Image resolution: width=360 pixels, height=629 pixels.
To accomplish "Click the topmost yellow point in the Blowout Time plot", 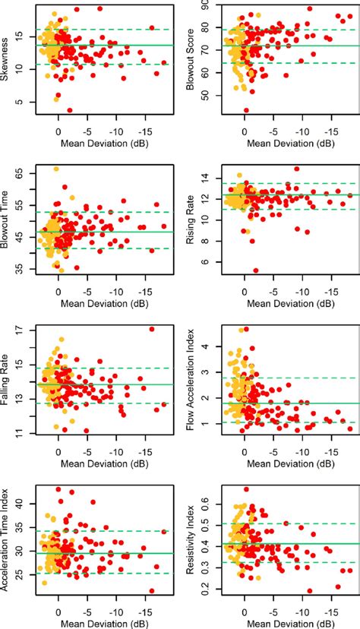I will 56,169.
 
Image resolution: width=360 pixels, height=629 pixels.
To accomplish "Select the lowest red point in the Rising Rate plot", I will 256,270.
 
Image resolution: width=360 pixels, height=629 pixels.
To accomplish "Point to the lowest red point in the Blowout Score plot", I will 245,110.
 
